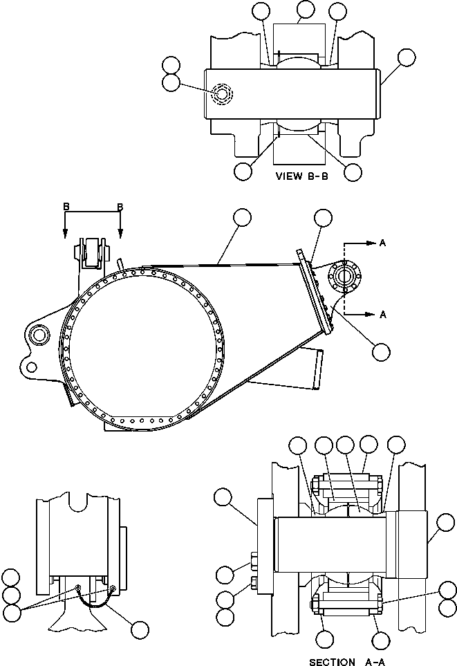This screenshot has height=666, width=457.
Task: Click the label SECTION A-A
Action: pyautogui.click(x=342, y=661)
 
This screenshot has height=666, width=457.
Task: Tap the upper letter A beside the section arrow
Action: pyautogui.click(x=382, y=243)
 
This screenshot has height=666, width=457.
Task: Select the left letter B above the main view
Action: pyautogui.click(x=65, y=207)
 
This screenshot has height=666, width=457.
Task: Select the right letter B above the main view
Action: pyautogui.click(x=120, y=207)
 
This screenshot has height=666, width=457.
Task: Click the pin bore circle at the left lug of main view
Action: pyautogui.click(x=37, y=336)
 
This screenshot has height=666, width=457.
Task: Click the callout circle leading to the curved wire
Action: pyautogui.click(x=140, y=629)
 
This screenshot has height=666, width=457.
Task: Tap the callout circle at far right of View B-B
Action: pyautogui.click(x=407, y=58)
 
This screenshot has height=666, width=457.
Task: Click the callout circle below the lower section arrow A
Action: pyautogui.click(x=380, y=351)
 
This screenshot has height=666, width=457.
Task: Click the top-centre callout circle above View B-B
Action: pyautogui.click(x=305, y=10)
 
